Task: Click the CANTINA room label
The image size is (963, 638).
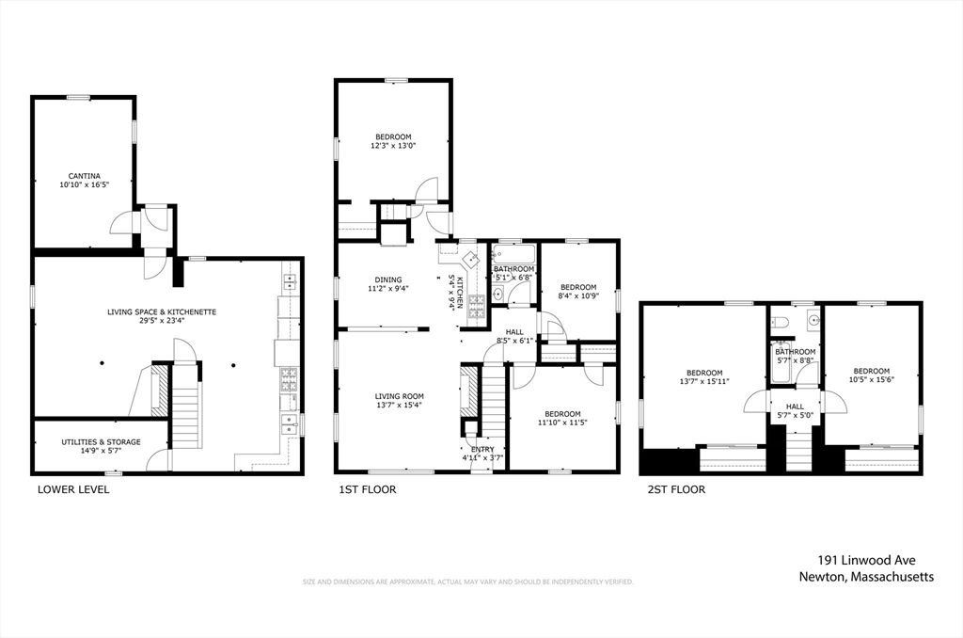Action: coord(84,175)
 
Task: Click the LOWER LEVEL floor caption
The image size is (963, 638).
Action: coord(72,489)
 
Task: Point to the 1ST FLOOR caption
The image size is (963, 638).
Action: coord(368,489)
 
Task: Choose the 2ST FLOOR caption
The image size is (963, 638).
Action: coord(675,489)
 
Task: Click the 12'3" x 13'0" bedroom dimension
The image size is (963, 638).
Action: coord(393,146)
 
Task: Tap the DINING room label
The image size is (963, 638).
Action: coord(388,279)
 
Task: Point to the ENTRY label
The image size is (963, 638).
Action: coord(482,449)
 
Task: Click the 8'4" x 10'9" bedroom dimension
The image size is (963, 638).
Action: coord(578,296)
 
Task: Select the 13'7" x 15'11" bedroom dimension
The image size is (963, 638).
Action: coord(703,382)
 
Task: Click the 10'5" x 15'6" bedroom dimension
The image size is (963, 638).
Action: coord(871,380)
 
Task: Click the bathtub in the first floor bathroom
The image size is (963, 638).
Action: coord(513,254)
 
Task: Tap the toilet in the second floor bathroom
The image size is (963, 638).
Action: coord(780,322)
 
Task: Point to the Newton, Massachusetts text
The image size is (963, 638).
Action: coord(866,578)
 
